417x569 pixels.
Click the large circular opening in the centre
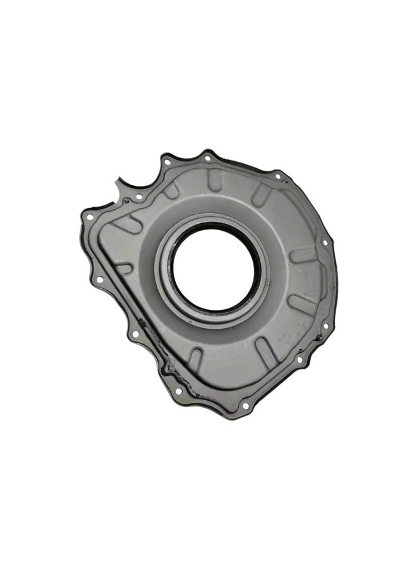[214, 270]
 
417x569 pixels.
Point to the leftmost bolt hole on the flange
[90, 217]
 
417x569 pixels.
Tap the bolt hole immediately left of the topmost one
[167, 162]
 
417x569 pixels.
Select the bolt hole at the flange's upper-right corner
[277, 176]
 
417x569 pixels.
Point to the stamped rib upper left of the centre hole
[171, 192]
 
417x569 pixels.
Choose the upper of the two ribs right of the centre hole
[303, 256]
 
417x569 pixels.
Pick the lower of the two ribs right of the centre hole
[303, 302]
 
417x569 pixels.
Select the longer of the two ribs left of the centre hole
[128, 224]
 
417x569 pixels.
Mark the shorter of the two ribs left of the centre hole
[124, 268]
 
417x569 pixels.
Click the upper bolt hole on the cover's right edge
[325, 242]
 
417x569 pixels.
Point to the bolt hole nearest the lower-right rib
[299, 360]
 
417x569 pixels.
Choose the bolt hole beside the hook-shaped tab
[139, 197]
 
